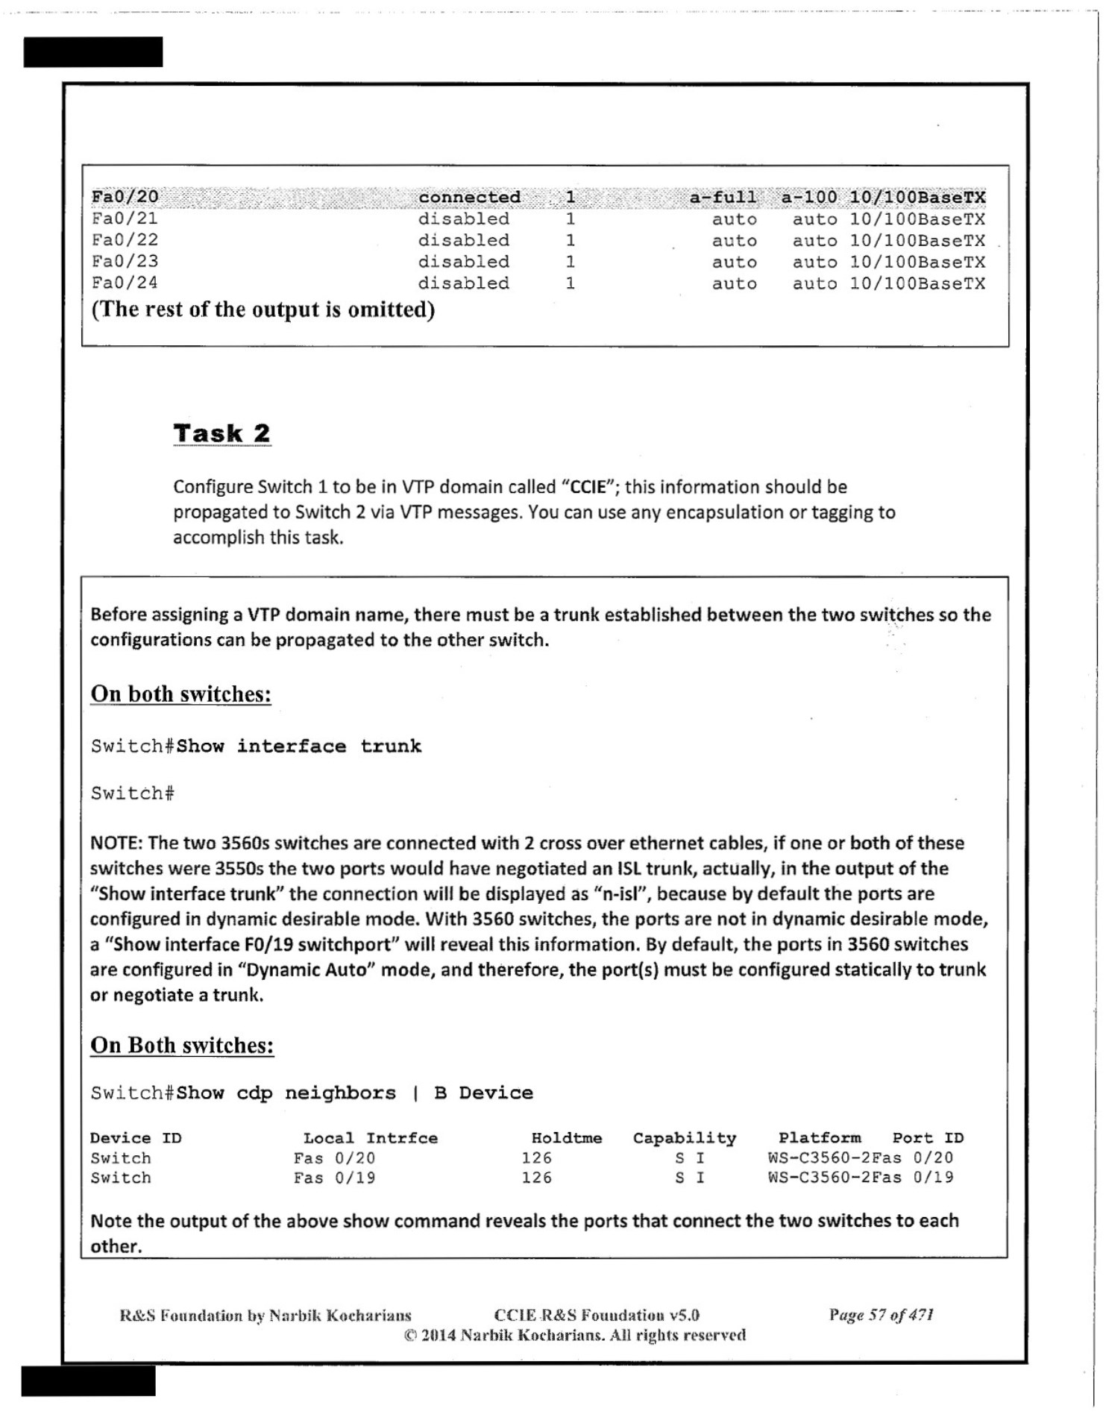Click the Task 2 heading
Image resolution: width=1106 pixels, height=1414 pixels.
[x=221, y=433]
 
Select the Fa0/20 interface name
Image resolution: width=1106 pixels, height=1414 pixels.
[x=125, y=197]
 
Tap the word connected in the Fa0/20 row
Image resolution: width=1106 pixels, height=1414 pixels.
[x=469, y=197]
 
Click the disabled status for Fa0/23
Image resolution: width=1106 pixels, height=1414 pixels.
[x=463, y=262]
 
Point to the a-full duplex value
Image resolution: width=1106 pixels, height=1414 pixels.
[x=722, y=197]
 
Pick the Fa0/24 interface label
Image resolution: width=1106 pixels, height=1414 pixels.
[x=125, y=283]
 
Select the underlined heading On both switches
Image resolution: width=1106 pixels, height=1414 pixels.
[x=180, y=694]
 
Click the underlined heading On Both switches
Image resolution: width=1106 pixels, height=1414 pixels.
[x=182, y=1045]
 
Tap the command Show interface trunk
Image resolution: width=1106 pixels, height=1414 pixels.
[x=299, y=746]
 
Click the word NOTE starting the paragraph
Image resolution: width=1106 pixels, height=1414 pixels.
[x=116, y=843]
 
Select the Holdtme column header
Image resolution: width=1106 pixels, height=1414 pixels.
[x=566, y=1138]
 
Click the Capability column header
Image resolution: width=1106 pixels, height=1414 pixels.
[x=684, y=1138]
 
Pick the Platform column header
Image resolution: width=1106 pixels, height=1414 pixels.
[x=819, y=1138]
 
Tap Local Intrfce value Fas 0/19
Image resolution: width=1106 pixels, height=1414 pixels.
[x=334, y=1178]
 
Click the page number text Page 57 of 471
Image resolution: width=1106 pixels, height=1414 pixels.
[x=881, y=1315]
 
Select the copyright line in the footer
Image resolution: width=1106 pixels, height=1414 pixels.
[x=574, y=1335]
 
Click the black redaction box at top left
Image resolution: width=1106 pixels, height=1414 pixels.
[x=93, y=52]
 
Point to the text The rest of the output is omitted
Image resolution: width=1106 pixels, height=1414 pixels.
[x=263, y=309]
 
